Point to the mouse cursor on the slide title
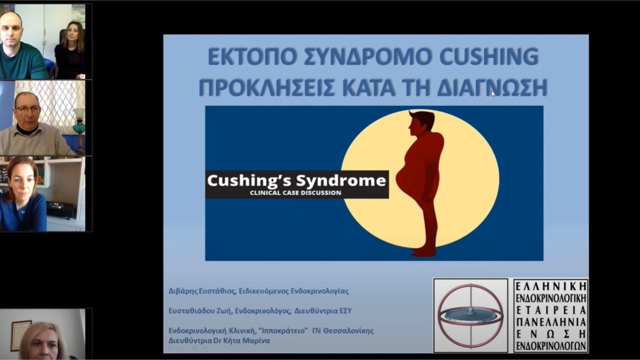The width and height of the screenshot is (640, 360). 493,93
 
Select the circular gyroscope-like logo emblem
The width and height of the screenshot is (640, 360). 470,315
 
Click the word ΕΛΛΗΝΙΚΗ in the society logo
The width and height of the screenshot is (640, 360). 550,286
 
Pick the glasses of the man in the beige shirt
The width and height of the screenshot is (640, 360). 27,108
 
